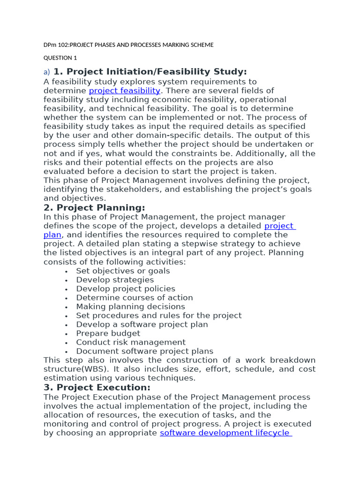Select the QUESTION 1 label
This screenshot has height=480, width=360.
coord(60,58)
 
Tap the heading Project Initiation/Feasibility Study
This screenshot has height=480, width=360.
coord(150,72)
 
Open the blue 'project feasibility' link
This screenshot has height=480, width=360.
coord(124,90)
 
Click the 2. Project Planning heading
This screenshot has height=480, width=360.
coord(94,208)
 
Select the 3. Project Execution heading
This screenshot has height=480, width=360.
coord(97,388)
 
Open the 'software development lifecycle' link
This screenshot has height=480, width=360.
coord(225,433)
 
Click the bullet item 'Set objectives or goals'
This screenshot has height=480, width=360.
coord(123,271)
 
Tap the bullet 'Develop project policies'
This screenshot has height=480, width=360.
coord(126,289)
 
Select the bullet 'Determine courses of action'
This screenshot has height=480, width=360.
coord(135,298)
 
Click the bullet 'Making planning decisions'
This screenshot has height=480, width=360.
coord(130,307)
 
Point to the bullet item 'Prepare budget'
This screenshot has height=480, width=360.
coord(108,333)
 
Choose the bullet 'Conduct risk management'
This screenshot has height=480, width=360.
coord(131,342)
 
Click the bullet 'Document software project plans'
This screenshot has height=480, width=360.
coord(144,351)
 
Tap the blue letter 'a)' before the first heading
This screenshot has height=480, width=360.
coord(46,72)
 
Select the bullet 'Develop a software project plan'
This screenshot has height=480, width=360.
coord(142,324)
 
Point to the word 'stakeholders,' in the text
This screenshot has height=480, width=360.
coord(144,189)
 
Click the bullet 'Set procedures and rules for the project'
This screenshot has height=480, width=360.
coord(159,315)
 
